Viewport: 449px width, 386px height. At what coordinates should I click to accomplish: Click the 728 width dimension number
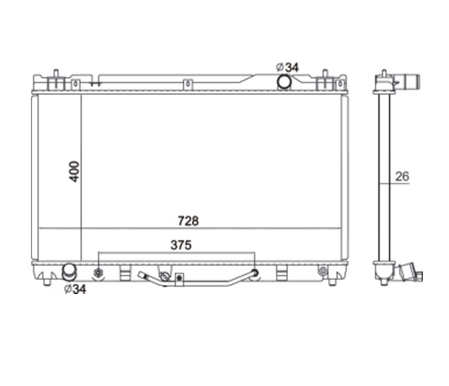(188, 221)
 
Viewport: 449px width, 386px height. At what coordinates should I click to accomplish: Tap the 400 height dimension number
(74, 172)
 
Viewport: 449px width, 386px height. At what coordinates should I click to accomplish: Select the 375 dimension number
(181, 245)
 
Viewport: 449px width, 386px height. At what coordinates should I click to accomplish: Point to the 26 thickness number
(402, 176)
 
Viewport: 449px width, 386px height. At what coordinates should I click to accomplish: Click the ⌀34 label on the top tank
(287, 67)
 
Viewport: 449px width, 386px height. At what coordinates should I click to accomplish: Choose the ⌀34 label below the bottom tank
(75, 289)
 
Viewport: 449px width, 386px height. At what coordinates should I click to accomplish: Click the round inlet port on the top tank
(284, 81)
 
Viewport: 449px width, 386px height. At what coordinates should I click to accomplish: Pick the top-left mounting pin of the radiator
(56, 73)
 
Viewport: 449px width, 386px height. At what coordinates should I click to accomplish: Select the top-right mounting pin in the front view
(325, 73)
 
